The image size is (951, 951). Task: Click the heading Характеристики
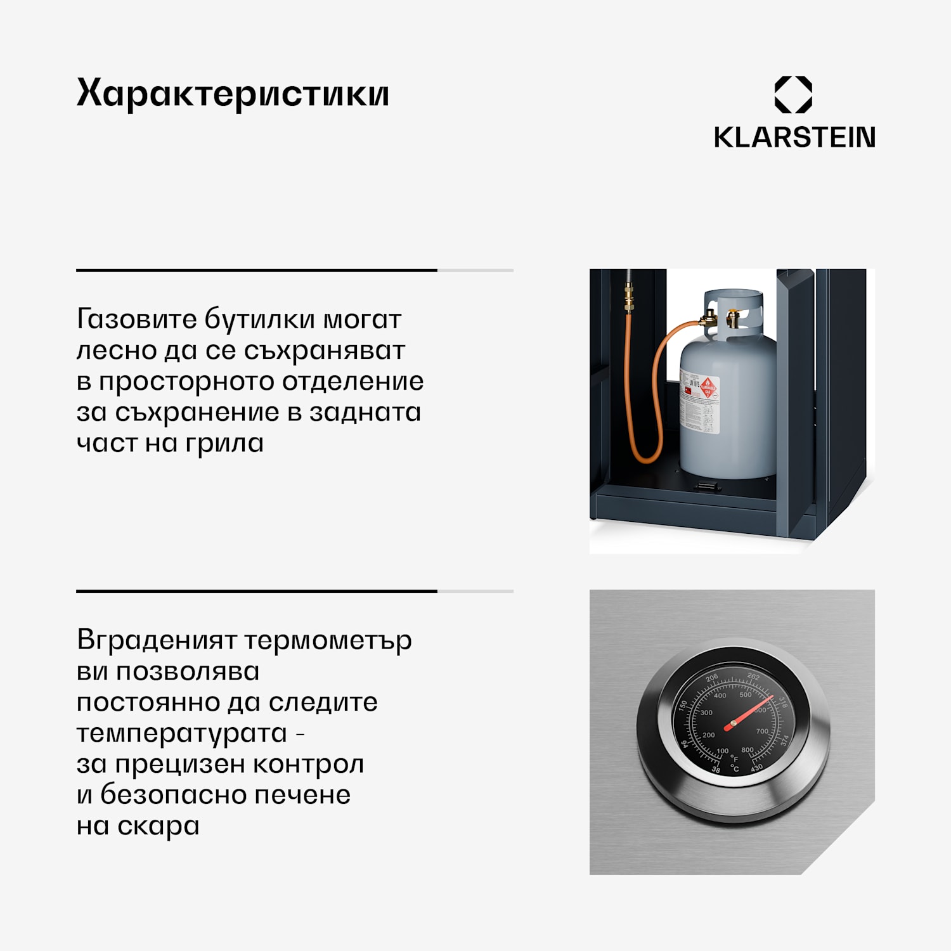coord(233,94)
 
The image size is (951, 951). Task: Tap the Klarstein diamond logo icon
coord(793,95)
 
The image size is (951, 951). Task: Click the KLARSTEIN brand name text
coord(794,138)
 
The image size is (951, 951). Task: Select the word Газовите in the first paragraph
coord(136,319)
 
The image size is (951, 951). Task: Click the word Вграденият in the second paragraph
coord(156,640)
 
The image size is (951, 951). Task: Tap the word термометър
coord(328,640)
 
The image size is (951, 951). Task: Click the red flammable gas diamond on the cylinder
coord(708,386)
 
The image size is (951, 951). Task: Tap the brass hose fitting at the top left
coord(628,298)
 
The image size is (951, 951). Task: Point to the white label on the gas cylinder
coord(701,403)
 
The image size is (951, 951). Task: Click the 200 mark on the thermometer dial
coord(708,735)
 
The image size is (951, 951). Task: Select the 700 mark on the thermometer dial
coord(761,732)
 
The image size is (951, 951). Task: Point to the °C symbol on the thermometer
coord(735,768)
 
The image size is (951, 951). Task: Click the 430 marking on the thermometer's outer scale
coord(756,768)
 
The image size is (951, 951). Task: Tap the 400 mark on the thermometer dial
coord(720,695)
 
